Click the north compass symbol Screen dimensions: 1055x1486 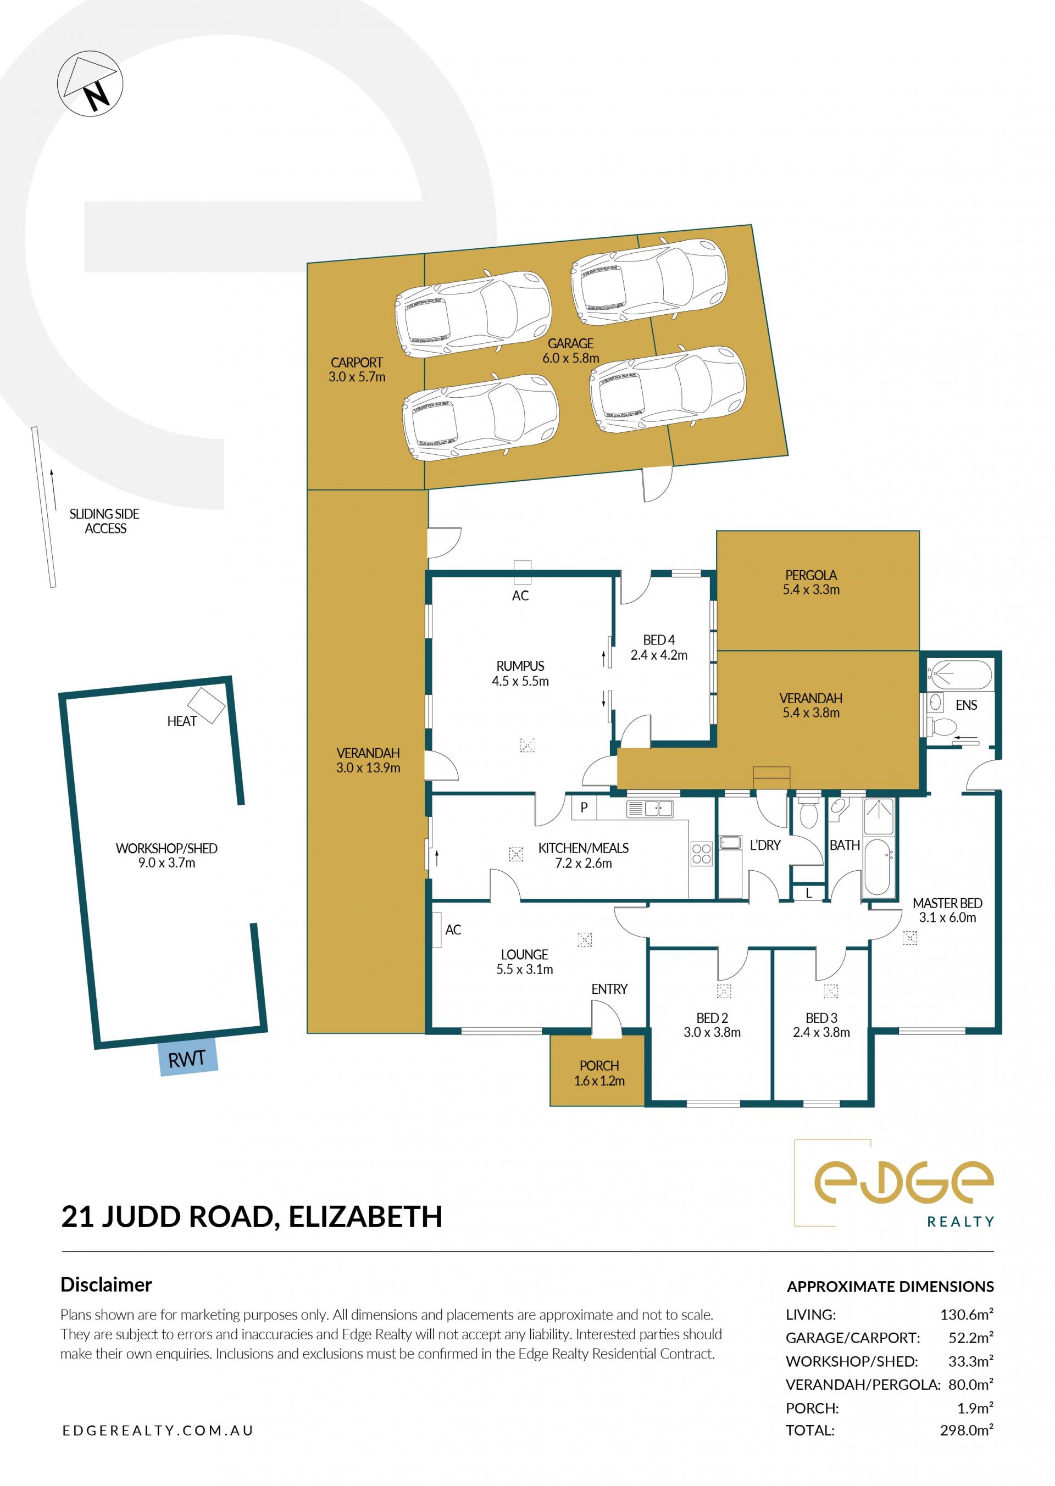(x=90, y=85)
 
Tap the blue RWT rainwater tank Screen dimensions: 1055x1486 (x=188, y=1059)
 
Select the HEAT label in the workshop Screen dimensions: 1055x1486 (x=182, y=721)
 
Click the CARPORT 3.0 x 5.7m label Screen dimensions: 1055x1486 (x=357, y=370)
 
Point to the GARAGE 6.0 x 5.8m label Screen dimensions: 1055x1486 (x=571, y=350)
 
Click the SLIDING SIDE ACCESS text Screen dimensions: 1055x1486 (x=104, y=521)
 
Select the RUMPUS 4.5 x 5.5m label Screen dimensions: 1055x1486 (x=520, y=674)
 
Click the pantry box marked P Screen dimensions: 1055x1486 (x=584, y=808)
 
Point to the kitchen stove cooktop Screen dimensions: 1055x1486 (x=702, y=853)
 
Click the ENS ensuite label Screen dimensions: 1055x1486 (x=966, y=705)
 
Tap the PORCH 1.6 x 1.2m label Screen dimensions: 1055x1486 (x=599, y=1073)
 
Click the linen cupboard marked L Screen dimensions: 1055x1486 (x=809, y=893)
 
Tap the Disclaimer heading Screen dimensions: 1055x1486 (x=106, y=1285)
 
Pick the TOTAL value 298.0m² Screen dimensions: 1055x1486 (x=967, y=1429)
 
